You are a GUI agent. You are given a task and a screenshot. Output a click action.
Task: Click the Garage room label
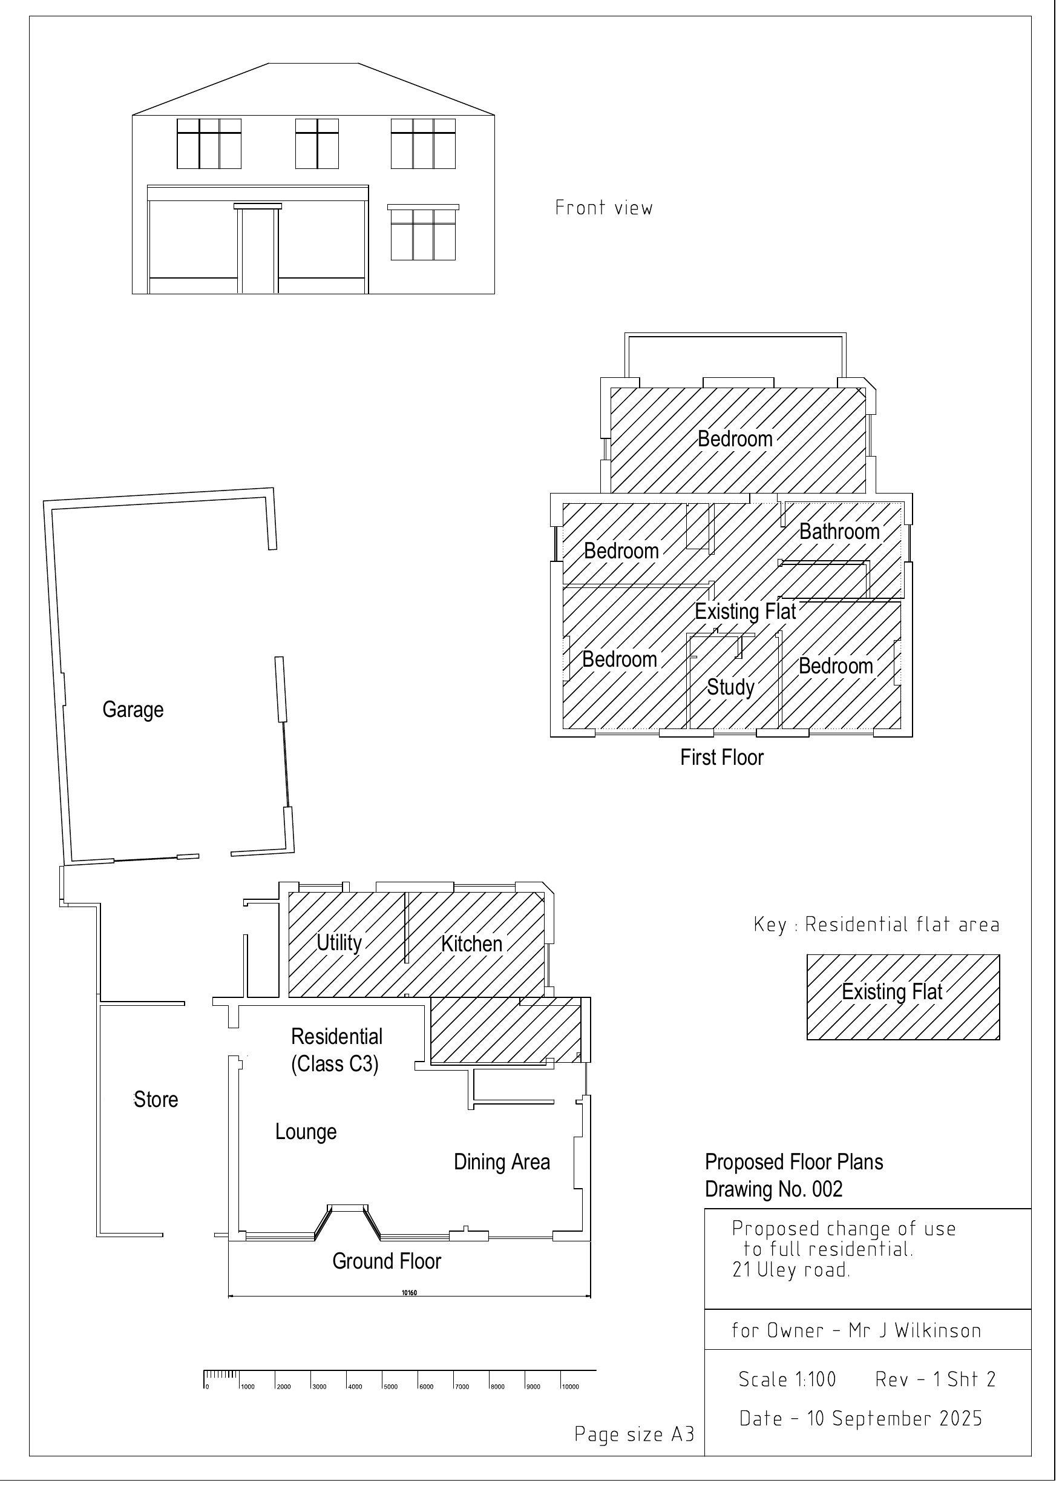(133, 710)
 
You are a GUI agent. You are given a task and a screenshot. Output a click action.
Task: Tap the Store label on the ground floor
(156, 1099)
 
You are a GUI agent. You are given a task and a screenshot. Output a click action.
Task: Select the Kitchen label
(472, 944)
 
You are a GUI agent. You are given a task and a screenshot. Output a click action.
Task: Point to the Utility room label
(339, 943)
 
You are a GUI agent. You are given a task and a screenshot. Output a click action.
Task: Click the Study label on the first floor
(730, 687)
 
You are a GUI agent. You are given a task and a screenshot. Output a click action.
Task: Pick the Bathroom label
(839, 532)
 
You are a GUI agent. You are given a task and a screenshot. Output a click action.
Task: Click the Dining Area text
(502, 1162)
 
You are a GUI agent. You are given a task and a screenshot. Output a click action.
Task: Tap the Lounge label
(306, 1131)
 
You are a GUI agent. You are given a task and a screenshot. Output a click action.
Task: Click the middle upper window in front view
(316, 144)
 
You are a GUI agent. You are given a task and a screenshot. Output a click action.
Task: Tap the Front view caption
(603, 208)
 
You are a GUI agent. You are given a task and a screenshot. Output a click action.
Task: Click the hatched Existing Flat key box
(902, 997)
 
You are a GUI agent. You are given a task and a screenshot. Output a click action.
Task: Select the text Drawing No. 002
(773, 1189)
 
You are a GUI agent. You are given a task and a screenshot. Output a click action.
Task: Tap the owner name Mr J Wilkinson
(914, 1330)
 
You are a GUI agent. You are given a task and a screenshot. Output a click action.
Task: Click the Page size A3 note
(634, 1433)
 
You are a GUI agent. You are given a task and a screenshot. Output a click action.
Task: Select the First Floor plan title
(722, 758)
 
